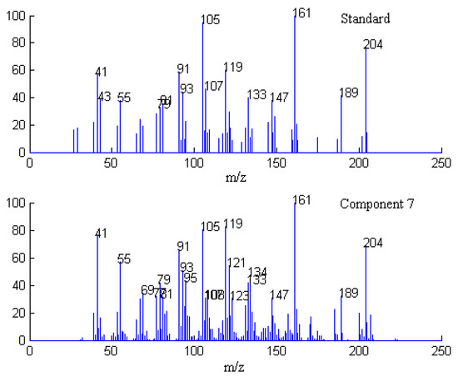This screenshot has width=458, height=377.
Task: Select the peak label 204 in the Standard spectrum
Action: coord(373,44)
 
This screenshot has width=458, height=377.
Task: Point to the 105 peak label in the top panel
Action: coord(211,19)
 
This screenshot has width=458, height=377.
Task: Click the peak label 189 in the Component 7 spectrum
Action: coord(350,292)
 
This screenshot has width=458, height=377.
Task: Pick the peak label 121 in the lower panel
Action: coord(236,263)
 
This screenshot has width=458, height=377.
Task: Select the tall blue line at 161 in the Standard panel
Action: coord(295,83)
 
